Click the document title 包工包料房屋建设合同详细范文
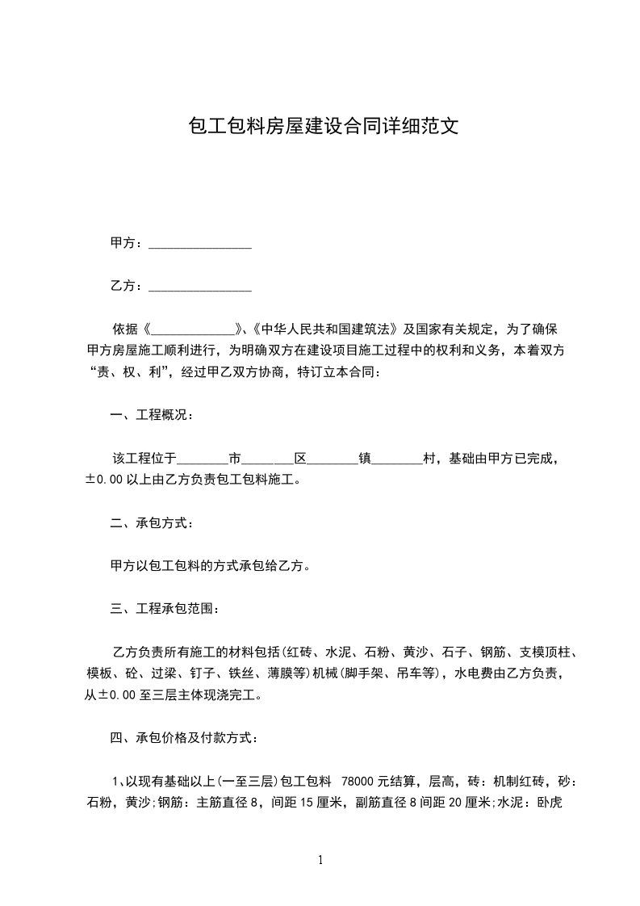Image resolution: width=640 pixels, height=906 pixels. click(323, 127)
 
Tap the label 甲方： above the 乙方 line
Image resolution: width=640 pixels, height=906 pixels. click(128, 243)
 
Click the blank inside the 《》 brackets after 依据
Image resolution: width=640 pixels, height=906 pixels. click(192, 330)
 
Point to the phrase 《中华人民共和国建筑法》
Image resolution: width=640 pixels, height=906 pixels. click(324, 329)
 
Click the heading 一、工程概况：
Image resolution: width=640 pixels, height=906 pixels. click(151, 415)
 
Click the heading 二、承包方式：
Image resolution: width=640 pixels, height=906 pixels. click(151, 523)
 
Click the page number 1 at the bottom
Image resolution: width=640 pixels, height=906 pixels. click(320, 860)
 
